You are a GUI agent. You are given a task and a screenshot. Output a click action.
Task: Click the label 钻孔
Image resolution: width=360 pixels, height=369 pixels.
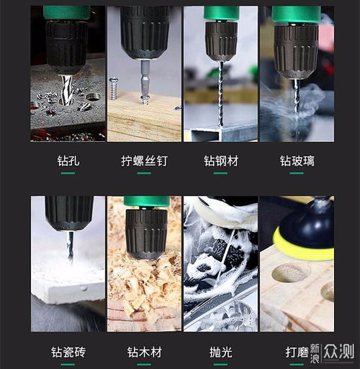(x=68, y=161)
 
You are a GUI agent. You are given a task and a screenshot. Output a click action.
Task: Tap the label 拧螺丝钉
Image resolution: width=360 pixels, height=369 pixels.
(x=143, y=161)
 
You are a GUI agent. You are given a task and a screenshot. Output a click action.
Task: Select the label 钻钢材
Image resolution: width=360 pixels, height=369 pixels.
(x=220, y=161)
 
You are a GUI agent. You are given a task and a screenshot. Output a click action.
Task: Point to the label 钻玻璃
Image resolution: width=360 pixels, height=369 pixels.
(x=297, y=161)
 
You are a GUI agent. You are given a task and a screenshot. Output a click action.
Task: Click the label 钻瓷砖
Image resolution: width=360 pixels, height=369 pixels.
(x=68, y=352)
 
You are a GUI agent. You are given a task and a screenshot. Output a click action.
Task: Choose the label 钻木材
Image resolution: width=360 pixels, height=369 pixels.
(x=143, y=352)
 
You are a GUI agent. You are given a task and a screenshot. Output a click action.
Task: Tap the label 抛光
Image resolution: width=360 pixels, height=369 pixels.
(x=220, y=352)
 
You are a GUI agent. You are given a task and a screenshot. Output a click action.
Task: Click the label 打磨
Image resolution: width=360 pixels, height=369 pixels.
(x=297, y=352)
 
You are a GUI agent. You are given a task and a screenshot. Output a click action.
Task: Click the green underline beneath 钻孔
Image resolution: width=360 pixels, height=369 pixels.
(x=68, y=173)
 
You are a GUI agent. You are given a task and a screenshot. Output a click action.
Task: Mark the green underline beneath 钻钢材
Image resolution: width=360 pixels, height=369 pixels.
(x=220, y=173)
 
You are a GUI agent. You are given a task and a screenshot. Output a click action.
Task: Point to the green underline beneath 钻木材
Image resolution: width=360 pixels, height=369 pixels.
(x=143, y=364)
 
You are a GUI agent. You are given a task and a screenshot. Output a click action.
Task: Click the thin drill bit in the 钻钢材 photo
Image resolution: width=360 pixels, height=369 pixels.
(x=220, y=94)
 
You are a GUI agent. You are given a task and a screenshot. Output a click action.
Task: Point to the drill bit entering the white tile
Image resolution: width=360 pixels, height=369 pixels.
(x=69, y=245)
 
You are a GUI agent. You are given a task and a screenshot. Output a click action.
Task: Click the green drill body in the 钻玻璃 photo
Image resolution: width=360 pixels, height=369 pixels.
(x=296, y=14)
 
